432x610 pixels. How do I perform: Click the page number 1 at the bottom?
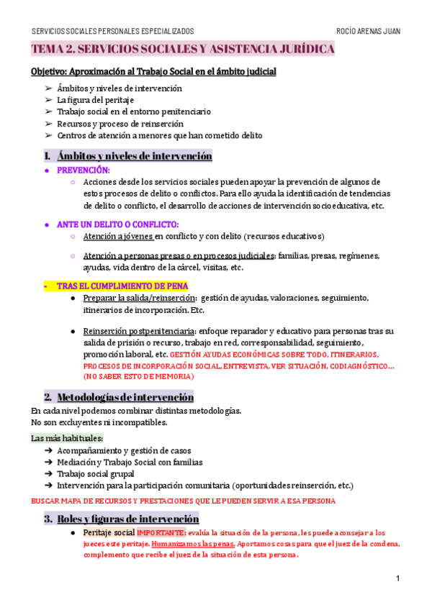coord(397,579)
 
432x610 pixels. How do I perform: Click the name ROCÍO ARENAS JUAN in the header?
coord(368,31)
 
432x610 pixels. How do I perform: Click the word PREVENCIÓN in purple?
coord(83,170)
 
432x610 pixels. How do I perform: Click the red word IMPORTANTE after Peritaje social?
coord(161,532)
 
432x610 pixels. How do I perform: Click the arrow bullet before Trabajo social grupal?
coord(48,474)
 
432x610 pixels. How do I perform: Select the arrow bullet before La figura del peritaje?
coord(48,100)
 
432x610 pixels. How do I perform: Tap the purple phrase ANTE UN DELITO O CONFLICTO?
coord(117,224)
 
